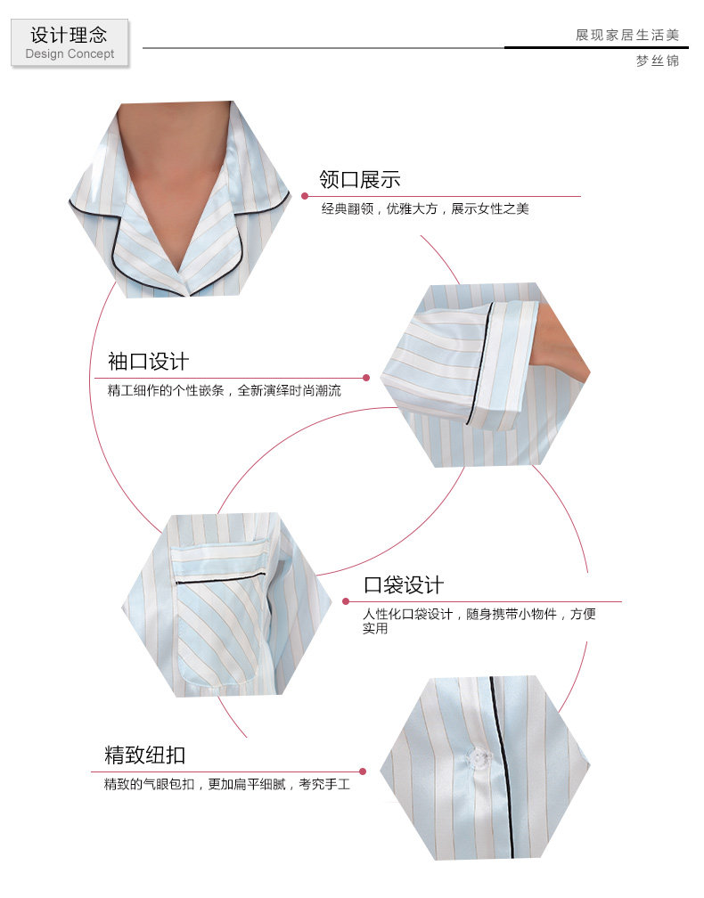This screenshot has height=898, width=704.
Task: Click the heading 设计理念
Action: [69, 35]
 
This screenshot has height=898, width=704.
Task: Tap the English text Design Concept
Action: [70, 54]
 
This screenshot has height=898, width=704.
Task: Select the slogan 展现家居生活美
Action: [626, 35]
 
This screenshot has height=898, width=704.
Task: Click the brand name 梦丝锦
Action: [657, 61]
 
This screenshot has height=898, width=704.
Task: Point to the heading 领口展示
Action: [360, 179]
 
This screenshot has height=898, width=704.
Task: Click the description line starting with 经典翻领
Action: [425, 209]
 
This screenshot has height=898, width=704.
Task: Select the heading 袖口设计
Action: [148, 362]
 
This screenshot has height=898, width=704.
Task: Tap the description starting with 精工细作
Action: [224, 390]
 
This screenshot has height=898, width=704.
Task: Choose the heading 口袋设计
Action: [403, 585]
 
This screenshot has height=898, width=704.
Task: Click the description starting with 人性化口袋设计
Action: [479, 614]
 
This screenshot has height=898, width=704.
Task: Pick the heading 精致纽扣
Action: [144, 755]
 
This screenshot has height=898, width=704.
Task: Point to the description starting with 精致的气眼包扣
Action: [226, 785]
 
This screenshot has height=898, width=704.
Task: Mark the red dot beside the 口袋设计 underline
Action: [347, 601]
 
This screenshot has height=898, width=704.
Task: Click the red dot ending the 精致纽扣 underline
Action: [363, 771]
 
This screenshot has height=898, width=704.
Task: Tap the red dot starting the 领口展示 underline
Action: [305, 196]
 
